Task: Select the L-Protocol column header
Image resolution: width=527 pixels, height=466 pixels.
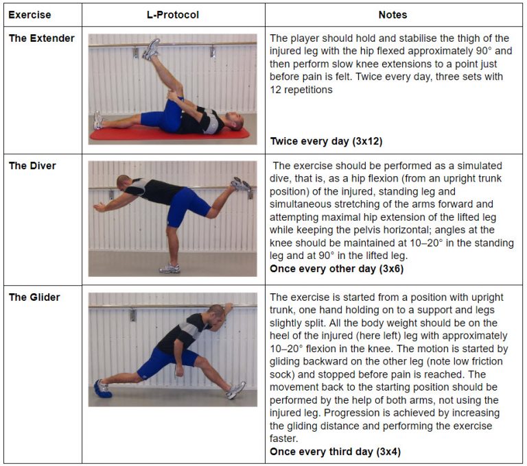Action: [x=173, y=14]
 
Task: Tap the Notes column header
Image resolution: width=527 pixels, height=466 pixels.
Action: [x=393, y=14]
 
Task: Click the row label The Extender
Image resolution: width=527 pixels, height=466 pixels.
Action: [x=41, y=38]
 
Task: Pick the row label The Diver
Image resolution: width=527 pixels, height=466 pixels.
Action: [x=32, y=166]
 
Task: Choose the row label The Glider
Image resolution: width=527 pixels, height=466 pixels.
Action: [x=34, y=297]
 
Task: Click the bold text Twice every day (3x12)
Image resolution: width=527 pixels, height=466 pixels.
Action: [x=326, y=142]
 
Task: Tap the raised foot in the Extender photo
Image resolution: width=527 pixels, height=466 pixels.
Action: [x=152, y=49]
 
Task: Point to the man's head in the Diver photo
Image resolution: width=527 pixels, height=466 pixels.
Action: [x=124, y=183]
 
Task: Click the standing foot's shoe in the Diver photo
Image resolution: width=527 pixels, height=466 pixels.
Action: [x=169, y=268]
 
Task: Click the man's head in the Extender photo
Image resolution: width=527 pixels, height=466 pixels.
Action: [x=234, y=122]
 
